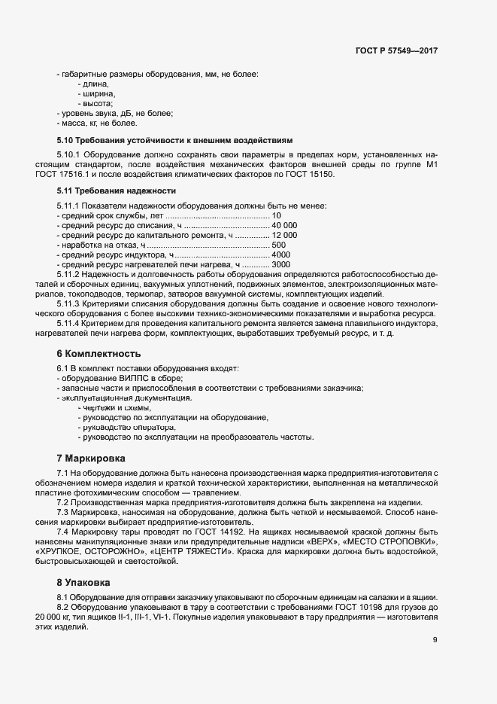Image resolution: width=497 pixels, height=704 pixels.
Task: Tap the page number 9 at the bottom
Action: coord(435,641)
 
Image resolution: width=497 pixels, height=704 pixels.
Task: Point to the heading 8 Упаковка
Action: coord(84,582)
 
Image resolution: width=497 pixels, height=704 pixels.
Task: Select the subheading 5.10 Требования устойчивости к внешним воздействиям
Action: coord(169,140)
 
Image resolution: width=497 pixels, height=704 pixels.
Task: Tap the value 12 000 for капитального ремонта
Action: coord(285,236)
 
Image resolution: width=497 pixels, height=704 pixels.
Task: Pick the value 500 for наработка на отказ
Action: coord(279,245)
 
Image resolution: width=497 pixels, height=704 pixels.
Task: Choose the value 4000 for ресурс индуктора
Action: coord(281,255)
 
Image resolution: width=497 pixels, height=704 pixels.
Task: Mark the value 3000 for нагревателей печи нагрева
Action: coord(281,265)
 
